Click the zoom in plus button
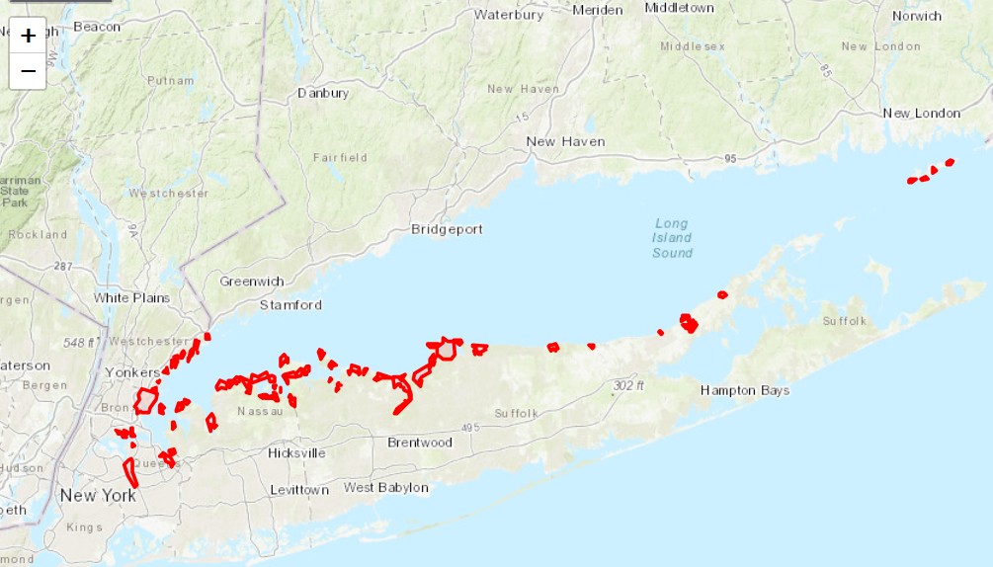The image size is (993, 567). point(28,36)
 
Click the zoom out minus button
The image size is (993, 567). point(28,71)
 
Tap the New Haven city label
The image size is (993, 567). point(565,141)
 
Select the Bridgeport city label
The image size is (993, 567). point(447,229)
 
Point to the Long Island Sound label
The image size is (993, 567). point(672,238)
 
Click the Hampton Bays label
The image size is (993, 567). point(745,390)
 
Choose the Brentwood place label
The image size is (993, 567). point(420,442)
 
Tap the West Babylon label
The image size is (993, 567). point(386,488)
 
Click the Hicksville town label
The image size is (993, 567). point(296,453)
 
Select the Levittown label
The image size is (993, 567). point(300,490)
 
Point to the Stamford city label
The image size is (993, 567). point(290,305)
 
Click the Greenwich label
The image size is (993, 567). point(252,282)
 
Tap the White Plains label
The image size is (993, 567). point(131,297)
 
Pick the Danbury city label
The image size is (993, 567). point(323,93)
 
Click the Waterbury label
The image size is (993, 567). point(510,15)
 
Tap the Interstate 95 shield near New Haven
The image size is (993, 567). point(730,158)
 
